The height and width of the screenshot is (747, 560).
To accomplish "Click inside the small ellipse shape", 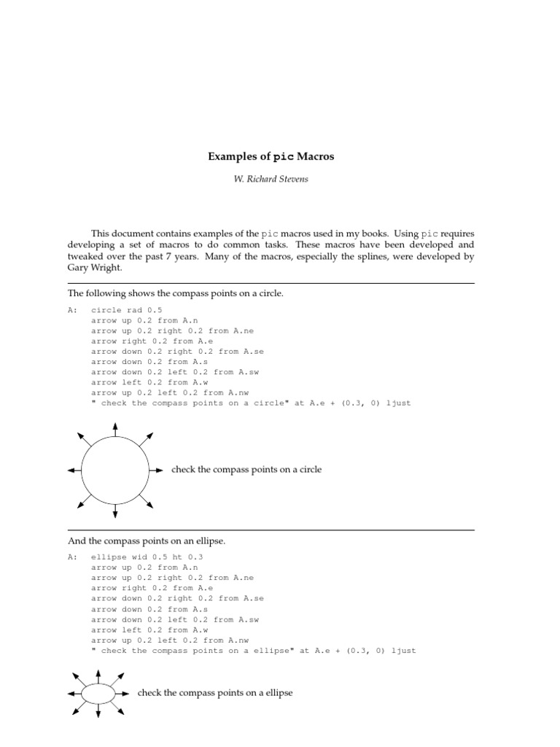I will coord(98,693).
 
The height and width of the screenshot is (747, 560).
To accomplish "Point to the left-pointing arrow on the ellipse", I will coord(73,693).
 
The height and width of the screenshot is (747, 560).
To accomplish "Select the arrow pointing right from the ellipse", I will coord(123,693).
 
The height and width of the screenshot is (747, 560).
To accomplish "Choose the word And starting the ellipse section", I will coord(76,541).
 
